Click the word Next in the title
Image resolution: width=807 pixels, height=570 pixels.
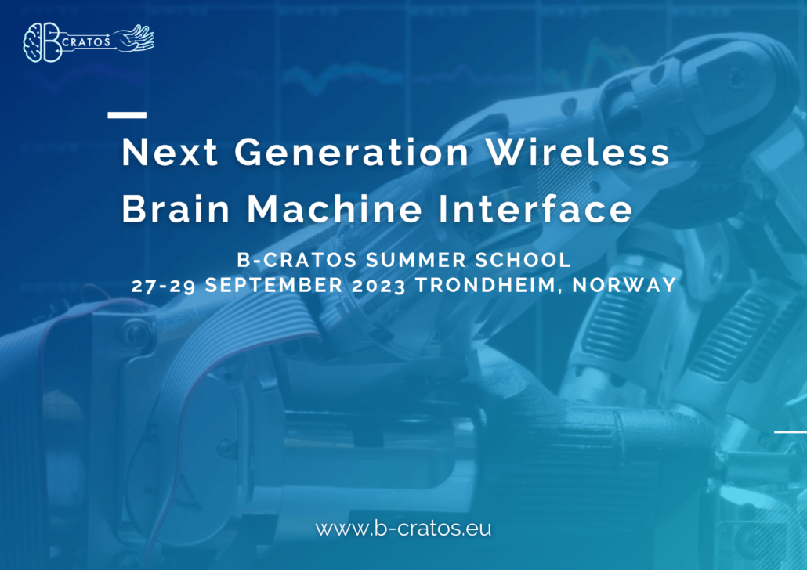[x=170, y=152]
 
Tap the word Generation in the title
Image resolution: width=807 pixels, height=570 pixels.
[x=352, y=152]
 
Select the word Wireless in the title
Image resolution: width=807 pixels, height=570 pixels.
[x=578, y=152]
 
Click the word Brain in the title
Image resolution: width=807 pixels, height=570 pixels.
[x=176, y=208]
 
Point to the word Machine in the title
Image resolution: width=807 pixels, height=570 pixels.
[x=335, y=208]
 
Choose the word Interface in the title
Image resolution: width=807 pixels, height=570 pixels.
[x=535, y=208]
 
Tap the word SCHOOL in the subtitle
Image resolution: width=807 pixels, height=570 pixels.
[x=523, y=260]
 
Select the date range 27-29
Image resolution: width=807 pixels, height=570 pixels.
[x=163, y=286]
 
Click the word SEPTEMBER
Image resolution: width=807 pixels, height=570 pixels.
[x=273, y=285]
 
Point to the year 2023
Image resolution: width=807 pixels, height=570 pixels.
[x=378, y=286]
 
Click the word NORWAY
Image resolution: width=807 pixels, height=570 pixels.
[x=624, y=285]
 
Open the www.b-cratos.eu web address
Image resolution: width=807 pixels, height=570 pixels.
[x=403, y=529]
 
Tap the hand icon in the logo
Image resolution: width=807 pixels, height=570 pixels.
[x=134, y=38]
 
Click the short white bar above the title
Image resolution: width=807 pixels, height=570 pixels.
[x=127, y=115]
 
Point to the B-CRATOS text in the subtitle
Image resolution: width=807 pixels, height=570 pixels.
[x=297, y=260]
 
